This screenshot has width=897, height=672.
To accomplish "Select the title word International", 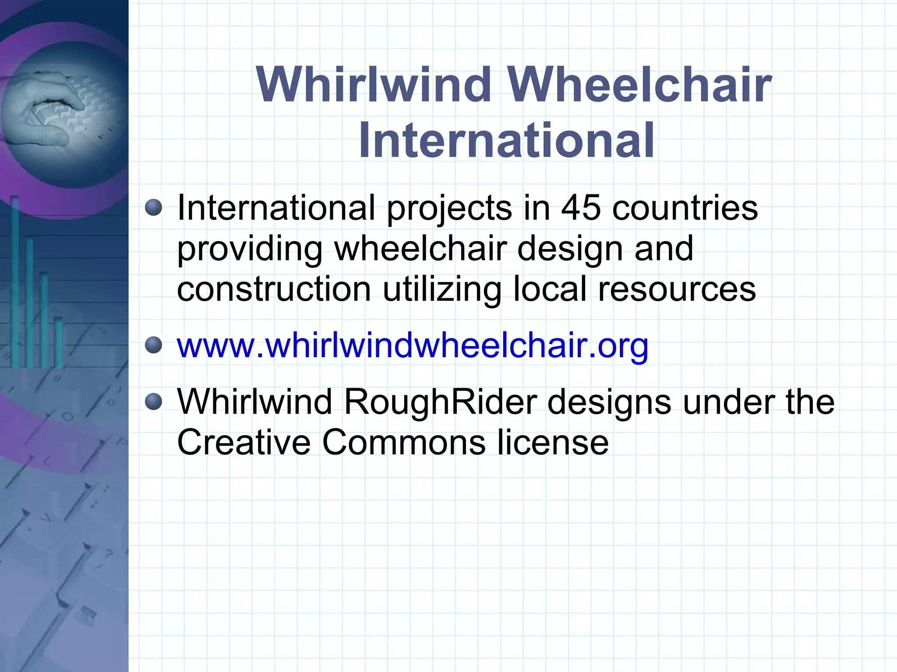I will click(x=507, y=140).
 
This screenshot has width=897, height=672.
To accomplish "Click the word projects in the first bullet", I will click(x=449, y=208).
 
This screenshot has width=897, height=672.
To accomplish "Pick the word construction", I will click(x=274, y=289).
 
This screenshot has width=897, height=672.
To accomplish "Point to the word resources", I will click(x=677, y=289).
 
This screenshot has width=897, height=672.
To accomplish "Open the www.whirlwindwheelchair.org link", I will click(x=412, y=346).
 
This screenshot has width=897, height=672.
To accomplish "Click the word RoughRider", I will click(x=440, y=401).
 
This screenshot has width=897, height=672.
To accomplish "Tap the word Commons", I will click(x=404, y=442).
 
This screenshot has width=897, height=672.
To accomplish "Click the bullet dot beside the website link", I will click(x=153, y=345).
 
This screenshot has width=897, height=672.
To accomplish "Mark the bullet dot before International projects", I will click(x=153, y=207).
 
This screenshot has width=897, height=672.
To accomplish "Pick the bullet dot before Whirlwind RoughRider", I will click(x=153, y=401).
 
